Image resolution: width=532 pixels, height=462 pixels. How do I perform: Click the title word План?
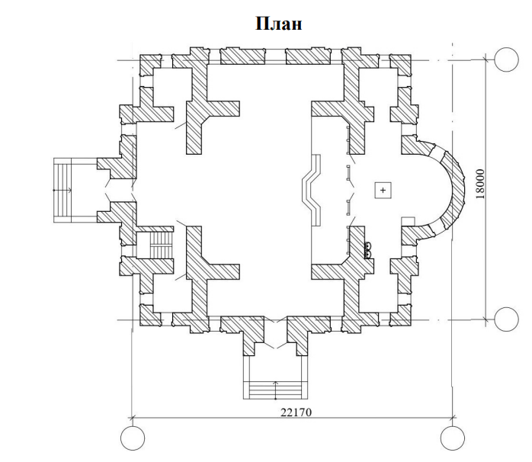point(278,24)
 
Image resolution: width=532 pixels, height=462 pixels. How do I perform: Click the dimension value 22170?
point(296,412)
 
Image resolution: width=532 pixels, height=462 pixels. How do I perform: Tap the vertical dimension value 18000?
point(480,184)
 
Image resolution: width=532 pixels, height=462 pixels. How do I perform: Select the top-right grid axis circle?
point(506,59)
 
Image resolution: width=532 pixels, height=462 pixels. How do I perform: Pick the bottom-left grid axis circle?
point(133,438)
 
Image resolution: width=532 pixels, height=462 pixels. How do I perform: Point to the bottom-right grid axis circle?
point(453,438)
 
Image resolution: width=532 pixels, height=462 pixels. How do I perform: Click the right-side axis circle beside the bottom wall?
point(506,319)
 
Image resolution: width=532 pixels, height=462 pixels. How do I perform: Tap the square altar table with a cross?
point(383,190)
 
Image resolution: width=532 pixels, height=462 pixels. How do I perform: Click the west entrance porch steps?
point(62,190)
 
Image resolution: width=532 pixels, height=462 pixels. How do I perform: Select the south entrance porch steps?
point(275,390)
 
